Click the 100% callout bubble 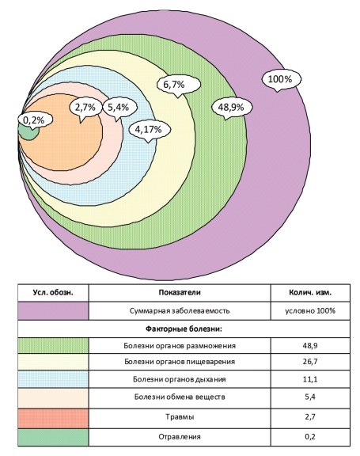(x=281, y=79)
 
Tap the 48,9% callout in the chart (x=231, y=108)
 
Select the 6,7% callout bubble (x=178, y=85)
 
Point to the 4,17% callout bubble (x=149, y=130)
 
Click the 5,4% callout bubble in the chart (x=119, y=108)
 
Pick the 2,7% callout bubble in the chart (x=85, y=108)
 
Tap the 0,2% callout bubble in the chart (x=34, y=120)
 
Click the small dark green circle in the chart (x=28, y=133)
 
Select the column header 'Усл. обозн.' (x=53, y=292)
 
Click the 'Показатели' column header (x=180, y=292)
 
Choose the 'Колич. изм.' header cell (x=310, y=292)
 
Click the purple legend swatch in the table (x=53, y=311)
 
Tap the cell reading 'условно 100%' (x=310, y=311)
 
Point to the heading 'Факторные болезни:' (x=184, y=329)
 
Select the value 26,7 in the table (x=310, y=362)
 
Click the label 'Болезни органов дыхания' (x=180, y=379)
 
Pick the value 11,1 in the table (x=310, y=379)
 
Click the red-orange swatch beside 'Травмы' (x=53, y=419)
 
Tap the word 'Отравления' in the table (x=180, y=437)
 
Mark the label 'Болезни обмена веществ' (x=180, y=397)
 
